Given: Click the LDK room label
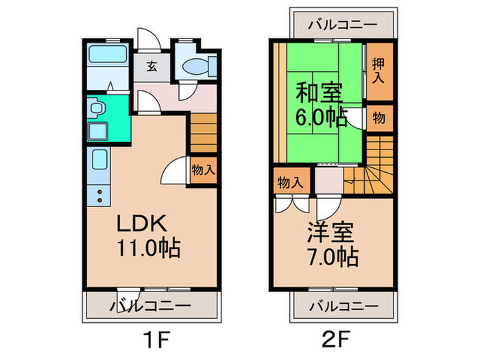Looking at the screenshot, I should [141, 224].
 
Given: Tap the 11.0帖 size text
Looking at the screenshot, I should [147, 248].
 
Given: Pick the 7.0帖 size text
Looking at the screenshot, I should [332, 257].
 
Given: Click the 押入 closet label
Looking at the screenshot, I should [378, 71].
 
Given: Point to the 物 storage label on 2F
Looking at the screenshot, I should [379, 118].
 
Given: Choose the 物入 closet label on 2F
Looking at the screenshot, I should [289, 182].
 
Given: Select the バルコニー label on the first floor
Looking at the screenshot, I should [152, 305].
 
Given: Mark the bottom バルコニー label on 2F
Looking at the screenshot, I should [343, 305].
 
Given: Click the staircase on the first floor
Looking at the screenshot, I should [203, 135].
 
